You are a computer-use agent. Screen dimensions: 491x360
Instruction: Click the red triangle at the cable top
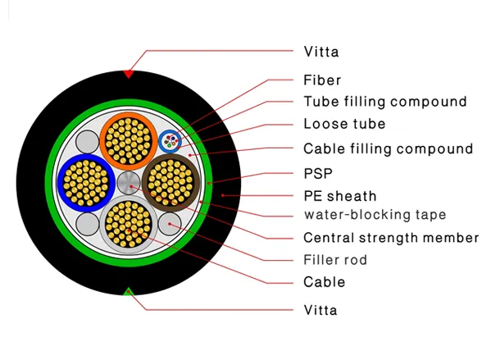coord(128,74)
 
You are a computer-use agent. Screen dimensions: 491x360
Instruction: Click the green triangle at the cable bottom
coord(128,292)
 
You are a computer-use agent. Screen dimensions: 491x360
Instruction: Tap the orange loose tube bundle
coord(129,141)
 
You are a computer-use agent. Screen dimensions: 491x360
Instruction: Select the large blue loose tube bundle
coord(86,183)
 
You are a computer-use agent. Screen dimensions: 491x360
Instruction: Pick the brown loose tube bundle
coord(170,183)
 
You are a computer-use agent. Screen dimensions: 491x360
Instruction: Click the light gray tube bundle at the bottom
coord(129,225)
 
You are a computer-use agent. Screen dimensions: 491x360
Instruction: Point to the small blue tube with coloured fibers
coord(170,141)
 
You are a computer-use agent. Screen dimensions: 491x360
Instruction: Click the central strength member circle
coord(129,183)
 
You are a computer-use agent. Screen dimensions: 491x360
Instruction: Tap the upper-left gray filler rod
coord(88,142)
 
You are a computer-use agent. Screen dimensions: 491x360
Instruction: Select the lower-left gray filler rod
coord(88,224)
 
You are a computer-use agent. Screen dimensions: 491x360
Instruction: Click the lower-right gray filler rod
coord(170,224)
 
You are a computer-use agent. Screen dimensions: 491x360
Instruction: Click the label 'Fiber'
coord(322,80)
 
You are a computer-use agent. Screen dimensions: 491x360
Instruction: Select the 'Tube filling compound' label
coord(385,102)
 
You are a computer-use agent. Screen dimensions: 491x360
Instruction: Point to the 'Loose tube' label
coord(344,124)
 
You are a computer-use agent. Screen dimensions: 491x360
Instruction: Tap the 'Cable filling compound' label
coord(389,148)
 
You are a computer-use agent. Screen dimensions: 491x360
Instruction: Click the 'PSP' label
coord(318,174)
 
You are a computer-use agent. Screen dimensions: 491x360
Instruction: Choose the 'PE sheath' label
coord(339,196)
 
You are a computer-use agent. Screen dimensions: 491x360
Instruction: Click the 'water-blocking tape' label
coord(375,215)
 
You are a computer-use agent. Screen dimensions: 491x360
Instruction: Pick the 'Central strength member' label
coord(391,238)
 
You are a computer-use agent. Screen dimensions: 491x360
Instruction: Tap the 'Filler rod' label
coord(335,260)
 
